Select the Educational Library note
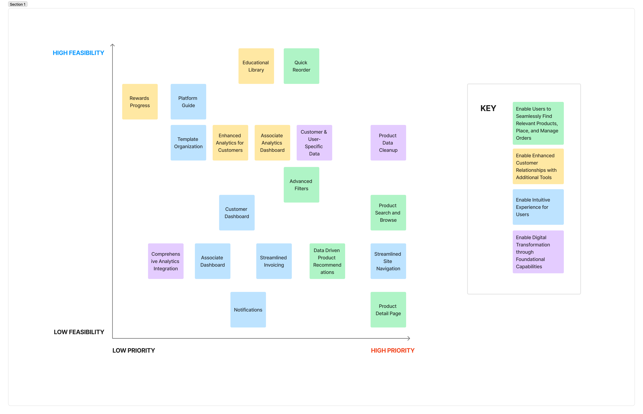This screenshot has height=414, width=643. [256, 66]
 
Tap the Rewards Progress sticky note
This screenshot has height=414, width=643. [140, 102]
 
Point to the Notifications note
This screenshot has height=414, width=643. [248, 310]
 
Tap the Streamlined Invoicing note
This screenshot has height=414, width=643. [274, 261]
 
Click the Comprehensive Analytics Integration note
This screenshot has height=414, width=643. [165, 261]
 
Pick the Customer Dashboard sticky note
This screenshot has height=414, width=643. [237, 213]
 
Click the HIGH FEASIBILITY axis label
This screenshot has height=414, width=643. [78, 53]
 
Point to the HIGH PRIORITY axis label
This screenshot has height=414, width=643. [392, 351]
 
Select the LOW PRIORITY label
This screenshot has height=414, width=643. [133, 351]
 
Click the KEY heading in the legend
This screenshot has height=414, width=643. [488, 108]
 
